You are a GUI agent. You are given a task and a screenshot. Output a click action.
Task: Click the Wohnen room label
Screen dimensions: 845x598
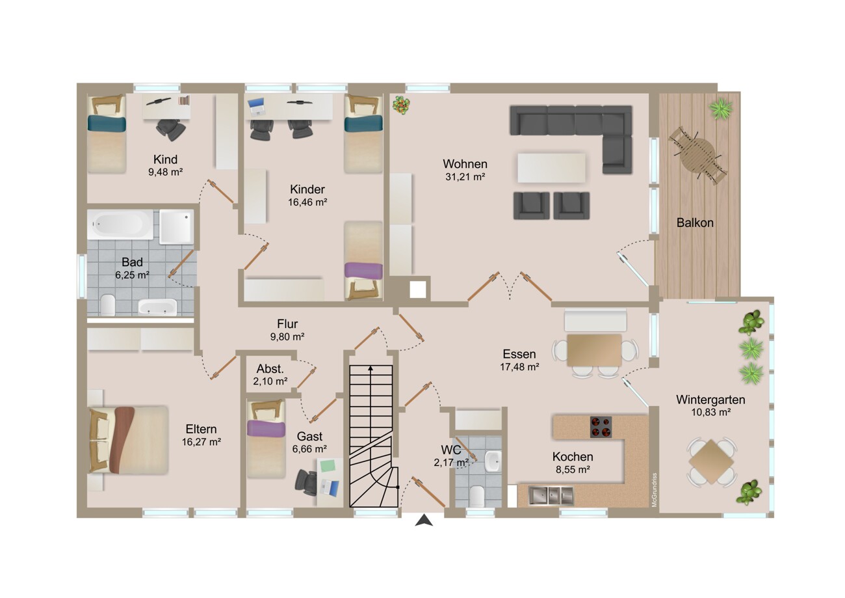pyautogui.click(x=465, y=164)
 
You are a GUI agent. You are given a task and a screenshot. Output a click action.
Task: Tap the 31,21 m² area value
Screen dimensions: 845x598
pyautogui.click(x=465, y=177)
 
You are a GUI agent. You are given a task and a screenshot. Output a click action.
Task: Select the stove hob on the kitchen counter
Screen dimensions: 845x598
pyautogui.click(x=601, y=427)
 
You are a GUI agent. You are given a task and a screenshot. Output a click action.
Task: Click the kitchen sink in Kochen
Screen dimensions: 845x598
pyautogui.click(x=551, y=495)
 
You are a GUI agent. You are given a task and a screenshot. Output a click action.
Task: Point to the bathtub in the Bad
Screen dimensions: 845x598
pyautogui.click(x=120, y=224)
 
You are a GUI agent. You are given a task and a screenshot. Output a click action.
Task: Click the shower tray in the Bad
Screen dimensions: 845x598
pyautogui.click(x=176, y=226)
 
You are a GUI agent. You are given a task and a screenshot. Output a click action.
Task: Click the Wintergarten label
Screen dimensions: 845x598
pyautogui.click(x=710, y=400)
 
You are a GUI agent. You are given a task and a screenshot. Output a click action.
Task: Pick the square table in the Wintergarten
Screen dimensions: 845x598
pyautogui.click(x=711, y=461)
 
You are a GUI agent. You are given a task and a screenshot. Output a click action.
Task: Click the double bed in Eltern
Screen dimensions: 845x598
pyautogui.click(x=127, y=440)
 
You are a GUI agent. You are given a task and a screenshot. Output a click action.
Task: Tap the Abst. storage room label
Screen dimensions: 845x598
pyautogui.click(x=270, y=369)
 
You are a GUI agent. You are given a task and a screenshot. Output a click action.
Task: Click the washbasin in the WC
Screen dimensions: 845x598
pyautogui.click(x=492, y=461)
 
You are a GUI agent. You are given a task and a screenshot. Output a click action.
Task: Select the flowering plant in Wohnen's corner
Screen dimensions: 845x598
pyautogui.click(x=401, y=105)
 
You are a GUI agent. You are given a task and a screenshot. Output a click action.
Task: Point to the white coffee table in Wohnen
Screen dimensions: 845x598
pyautogui.click(x=551, y=168)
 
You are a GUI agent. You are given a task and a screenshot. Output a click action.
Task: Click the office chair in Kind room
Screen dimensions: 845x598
pyautogui.click(x=171, y=129)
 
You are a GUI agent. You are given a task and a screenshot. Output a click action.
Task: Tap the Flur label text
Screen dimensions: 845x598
pyautogui.click(x=287, y=324)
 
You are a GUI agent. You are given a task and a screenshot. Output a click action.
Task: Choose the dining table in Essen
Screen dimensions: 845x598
pyautogui.click(x=594, y=350)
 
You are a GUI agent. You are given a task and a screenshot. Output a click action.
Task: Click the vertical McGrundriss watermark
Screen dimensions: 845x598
pyautogui.click(x=654, y=490)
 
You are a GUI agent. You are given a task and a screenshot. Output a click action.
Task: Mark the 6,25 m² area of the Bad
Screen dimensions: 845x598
pyautogui.click(x=132, y=275)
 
